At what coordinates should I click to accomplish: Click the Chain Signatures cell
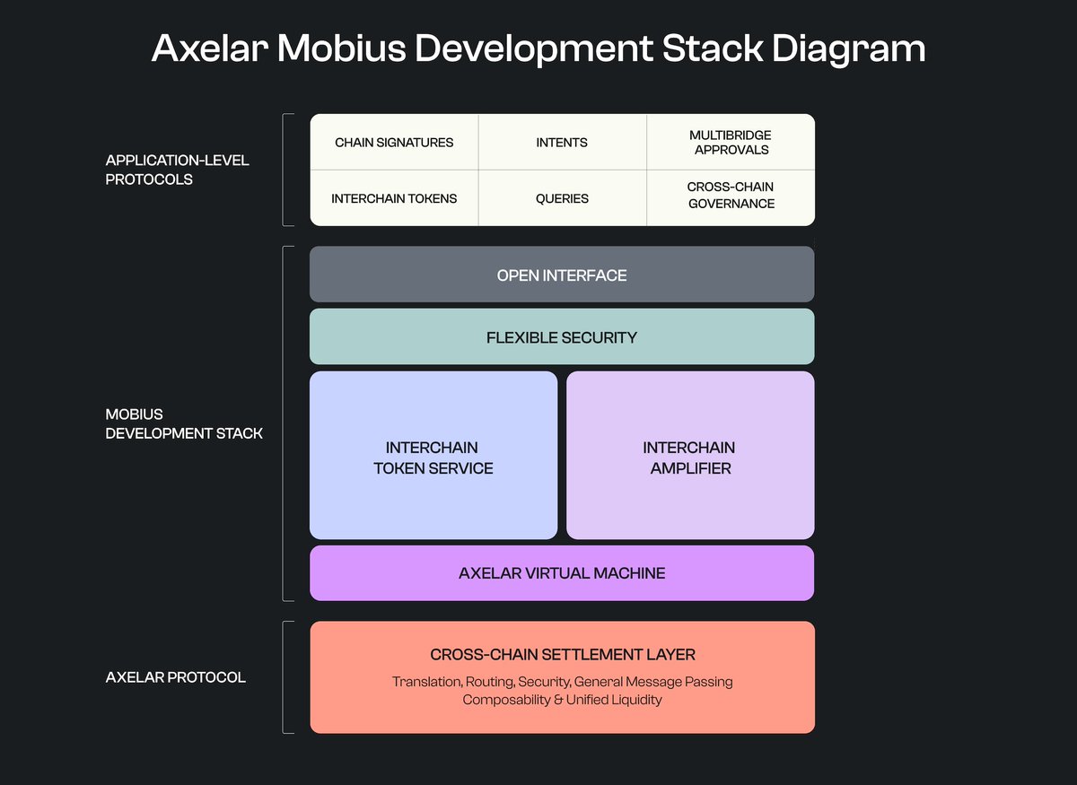tap(394, 142)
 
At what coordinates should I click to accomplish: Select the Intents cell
tap(562, 142)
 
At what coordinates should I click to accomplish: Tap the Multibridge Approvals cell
tap(731, 142)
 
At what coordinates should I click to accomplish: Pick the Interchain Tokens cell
tap(394, 198)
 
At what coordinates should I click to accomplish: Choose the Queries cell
tap(562, 198)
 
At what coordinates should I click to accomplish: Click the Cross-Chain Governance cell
tap(731, 196)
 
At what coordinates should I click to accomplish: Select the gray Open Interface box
tap(562, 275)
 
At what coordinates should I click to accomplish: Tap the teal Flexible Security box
tap(562, 337)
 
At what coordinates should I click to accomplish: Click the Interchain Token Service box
tap(433, 457)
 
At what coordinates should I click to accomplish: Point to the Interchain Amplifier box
tap(690, 457)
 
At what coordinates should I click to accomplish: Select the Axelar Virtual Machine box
tap(562, 572)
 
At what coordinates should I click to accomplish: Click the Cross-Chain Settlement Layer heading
tap(562, 655)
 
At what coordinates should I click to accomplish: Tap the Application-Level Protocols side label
tap(178, 170)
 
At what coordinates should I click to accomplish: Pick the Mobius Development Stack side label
tap(184, 423)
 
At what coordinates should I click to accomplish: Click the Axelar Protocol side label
tap(175, 677)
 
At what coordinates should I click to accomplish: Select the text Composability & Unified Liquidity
tap(562, 700)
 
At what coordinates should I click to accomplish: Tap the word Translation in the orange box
tap(426, 682)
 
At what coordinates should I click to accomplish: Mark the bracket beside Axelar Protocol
tap(285, 677)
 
